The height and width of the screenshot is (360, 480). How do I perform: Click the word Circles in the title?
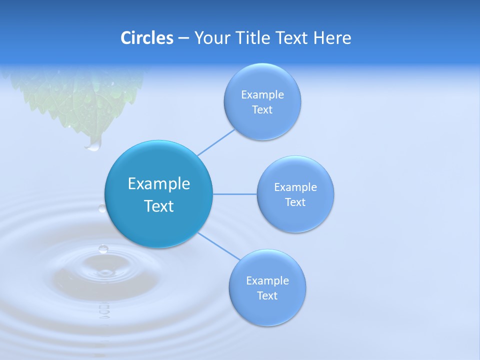pyautogui.click(x=147, y=38)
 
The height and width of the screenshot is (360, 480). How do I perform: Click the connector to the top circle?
pyautogui.click(x=216, y=142)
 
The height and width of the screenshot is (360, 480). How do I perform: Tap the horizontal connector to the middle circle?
pyautogui.click(x=234, y=194)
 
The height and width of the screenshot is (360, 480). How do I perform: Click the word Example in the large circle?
pyautogui.click(x=158, y=183)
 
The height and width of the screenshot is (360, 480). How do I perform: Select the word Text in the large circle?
pyautogui.click(x=158, y=206)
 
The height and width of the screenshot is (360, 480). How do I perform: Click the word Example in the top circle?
pyautogui.click(x=262, y=95)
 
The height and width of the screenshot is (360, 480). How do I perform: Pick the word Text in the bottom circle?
pyautogui.click(x=267, y=295)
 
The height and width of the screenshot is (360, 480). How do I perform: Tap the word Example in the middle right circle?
pyautogui.click(x=295, y=187)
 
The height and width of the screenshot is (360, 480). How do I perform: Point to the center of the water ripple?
pyautogui.click(x=104, y=272)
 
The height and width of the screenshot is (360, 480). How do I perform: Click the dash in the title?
pyautogui.click(x=183, y=38)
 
